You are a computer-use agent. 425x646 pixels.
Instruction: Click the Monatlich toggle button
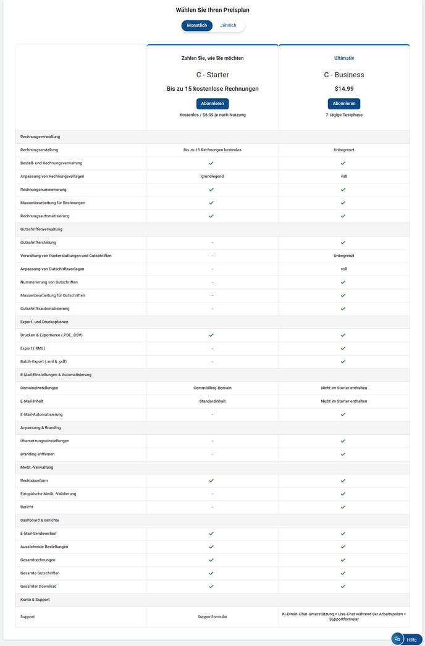196,25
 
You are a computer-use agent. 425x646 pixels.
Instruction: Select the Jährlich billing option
229,25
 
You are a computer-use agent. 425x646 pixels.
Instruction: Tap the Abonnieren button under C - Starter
212,103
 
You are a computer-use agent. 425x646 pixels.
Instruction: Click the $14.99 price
344,89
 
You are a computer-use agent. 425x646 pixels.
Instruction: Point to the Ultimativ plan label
344,58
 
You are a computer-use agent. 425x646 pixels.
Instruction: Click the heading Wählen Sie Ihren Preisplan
212,10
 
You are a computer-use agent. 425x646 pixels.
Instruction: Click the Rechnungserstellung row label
40,149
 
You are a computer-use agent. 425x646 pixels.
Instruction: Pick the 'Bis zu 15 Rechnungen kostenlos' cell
212,149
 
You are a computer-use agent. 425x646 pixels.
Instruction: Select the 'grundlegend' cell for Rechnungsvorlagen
212,176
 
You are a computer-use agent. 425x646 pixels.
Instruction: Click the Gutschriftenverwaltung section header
41,229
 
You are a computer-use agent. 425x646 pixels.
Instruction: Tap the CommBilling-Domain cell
212,388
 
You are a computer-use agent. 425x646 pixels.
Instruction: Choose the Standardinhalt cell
212,401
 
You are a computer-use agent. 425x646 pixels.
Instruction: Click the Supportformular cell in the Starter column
212,616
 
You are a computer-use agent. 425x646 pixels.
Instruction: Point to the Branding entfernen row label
38,454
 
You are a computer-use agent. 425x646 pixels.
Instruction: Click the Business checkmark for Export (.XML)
343,348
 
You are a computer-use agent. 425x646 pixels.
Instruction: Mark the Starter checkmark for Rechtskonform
211,480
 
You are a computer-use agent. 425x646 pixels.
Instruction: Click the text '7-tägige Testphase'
344,115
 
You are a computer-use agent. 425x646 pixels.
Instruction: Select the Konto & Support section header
35,599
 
